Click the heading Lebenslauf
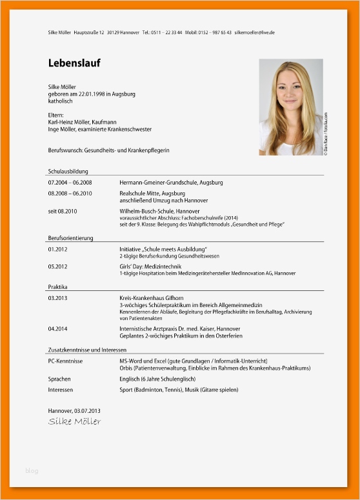point(74,63)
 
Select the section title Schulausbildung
point(68,172)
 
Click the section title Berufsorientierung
point(70,238)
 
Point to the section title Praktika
point(58,286)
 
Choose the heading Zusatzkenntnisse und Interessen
point(87,349)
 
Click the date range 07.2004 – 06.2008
point(70,183)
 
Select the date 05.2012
point(58,266)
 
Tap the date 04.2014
point(58,328)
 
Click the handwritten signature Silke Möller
point(74,421)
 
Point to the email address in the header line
point(254,32)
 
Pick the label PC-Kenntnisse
point(65,361)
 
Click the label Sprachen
point(59,379)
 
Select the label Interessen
point(61,390)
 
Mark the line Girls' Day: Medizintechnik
point(150,266)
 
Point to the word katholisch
point(61,101)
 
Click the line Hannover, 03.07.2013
point(74,410)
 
